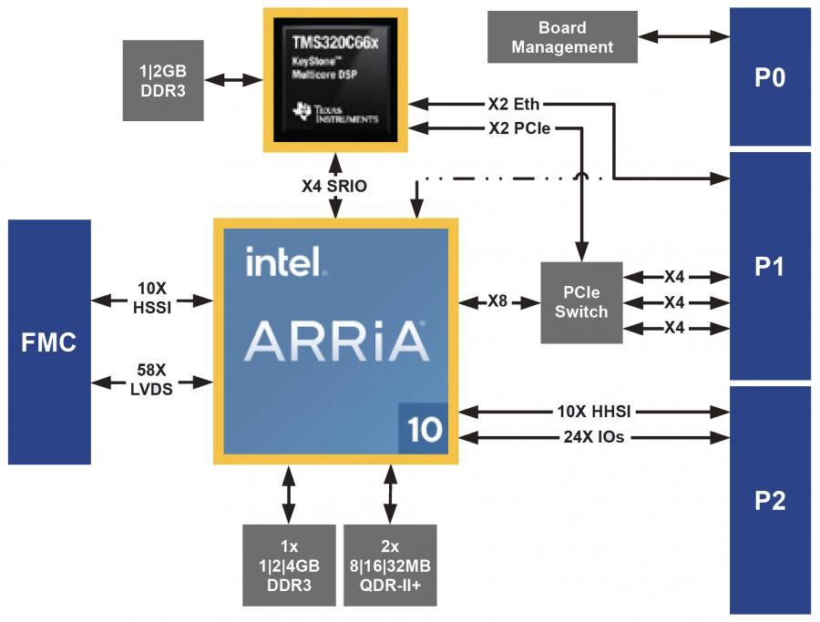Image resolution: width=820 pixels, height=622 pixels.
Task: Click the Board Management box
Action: [x=562, y=37]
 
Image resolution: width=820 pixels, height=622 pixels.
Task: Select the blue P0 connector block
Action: [x=770, y=77]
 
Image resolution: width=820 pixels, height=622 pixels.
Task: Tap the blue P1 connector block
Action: [x=770, y=265]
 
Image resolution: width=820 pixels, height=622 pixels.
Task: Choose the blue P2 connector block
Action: [x=770, y=500]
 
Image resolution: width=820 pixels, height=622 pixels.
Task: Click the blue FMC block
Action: [x=49, y=342]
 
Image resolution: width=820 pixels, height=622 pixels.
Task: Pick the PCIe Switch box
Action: [x=581, y=302]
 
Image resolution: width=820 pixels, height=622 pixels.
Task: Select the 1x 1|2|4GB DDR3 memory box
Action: [x=289, y=565]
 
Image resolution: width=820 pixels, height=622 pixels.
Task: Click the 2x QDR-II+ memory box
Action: [x=390, y=565]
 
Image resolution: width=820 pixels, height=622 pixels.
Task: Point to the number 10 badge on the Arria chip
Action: [x=424, y=429]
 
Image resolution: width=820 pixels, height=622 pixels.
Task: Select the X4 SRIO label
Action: [x=335, y=186]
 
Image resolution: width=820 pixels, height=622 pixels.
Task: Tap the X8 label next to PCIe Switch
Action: [x=498, y=301]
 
